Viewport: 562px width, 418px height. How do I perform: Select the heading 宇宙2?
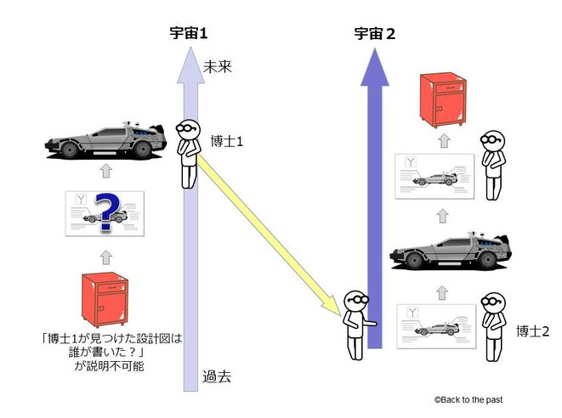point(375,35)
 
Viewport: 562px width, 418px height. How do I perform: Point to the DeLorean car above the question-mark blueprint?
point(105,144)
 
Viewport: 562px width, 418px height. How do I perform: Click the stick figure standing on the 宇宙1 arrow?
point(189,153)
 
